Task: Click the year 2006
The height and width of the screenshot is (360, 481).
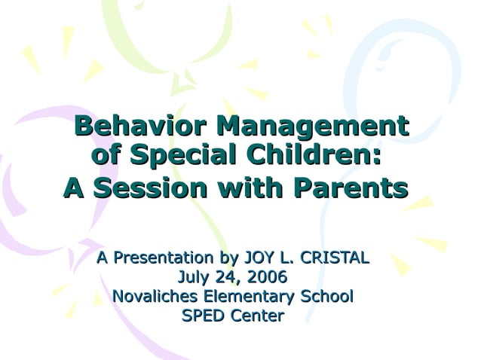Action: coord(268,277)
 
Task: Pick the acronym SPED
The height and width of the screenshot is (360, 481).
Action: coord(204,316)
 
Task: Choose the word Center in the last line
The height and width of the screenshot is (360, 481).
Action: coord(256,316)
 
